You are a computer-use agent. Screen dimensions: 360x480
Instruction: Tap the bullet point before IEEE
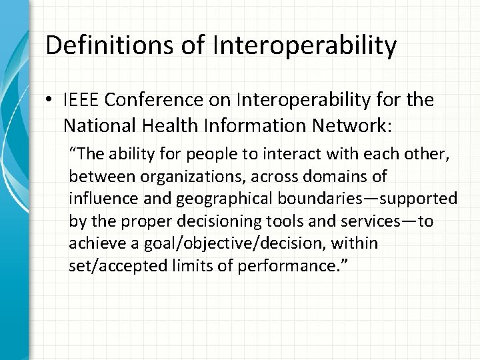click(51, 101)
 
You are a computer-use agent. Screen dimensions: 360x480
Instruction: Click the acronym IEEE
click(83, 101)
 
